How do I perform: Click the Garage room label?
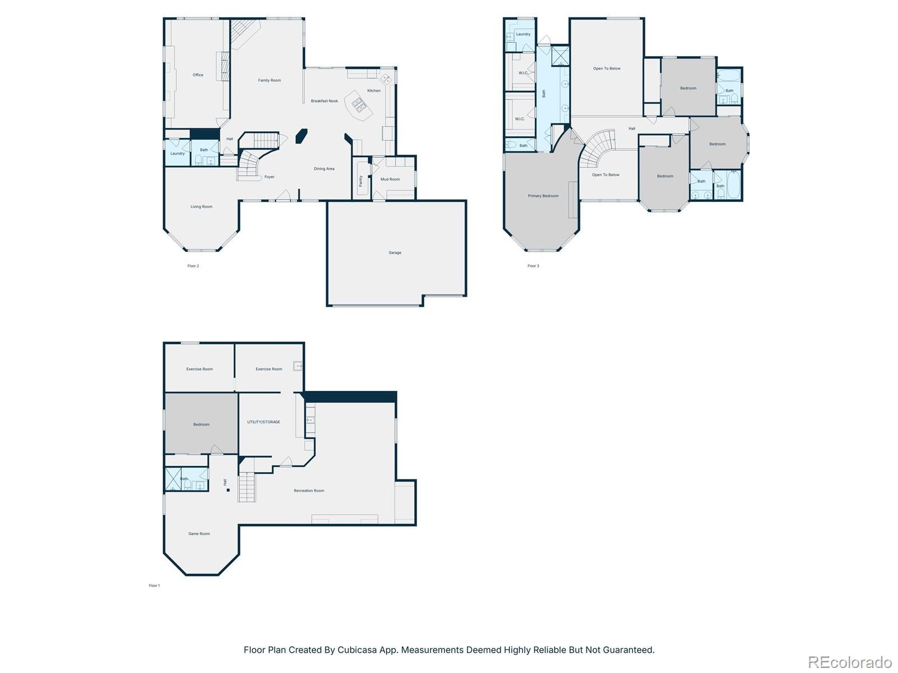(395, 253)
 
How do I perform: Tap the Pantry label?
(361, 181)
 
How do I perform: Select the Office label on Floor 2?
(198, 75)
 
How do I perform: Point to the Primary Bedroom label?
(543, 196)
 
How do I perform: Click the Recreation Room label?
(309, 491)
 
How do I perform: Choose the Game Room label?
(199, 534)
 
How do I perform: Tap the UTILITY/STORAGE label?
(263, 422)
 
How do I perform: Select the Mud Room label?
(390, 179)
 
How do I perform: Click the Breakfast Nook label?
(324, 101)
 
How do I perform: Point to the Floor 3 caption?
(533, 266)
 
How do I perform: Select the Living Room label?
(201, 207)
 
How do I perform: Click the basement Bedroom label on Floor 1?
(201, 425)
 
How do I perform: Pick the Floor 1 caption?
(154, 586)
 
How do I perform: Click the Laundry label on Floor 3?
(523, 34)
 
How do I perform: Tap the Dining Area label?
(324, 169)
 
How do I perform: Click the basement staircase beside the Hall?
(247, 487)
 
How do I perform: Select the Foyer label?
(269, 177)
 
